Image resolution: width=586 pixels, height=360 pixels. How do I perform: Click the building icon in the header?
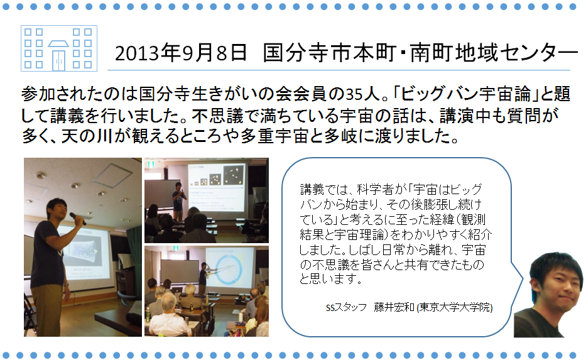coord(59,48)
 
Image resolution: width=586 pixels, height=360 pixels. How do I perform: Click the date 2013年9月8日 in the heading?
coord(181,53)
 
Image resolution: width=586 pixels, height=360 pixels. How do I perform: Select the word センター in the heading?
coord(538,53)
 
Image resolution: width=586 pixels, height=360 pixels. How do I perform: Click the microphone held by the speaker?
coord(78,218)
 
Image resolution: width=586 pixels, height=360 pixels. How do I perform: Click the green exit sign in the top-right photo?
coord(151,164)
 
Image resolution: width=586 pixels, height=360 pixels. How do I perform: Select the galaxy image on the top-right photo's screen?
coord(234,175)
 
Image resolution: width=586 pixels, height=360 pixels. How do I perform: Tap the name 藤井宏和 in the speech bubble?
coord(394,307)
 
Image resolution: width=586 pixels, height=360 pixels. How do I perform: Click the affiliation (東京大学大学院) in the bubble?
coord(455,307)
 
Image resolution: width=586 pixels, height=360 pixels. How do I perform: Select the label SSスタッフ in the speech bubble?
coord(346,308)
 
